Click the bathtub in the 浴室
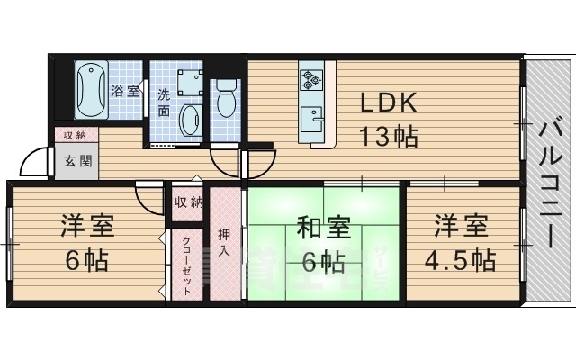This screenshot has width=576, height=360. pyautogui.click(x=92, y=90)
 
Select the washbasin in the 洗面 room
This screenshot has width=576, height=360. pyautogui.click(x=190, y=119)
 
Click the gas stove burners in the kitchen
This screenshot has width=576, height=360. pyautogui.click(x=311, y=80)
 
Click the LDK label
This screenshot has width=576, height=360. pyautogui.click(x=388, y=102)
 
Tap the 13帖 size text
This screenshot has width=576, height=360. pyautogui.click(x=388, y=137)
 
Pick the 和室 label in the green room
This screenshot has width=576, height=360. pyautogui.click(x=322, y=226)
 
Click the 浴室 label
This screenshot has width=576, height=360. pyautogui.click(x=125, y=90)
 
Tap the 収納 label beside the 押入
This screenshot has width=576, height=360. pyautogui.click(x=189, y=202)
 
